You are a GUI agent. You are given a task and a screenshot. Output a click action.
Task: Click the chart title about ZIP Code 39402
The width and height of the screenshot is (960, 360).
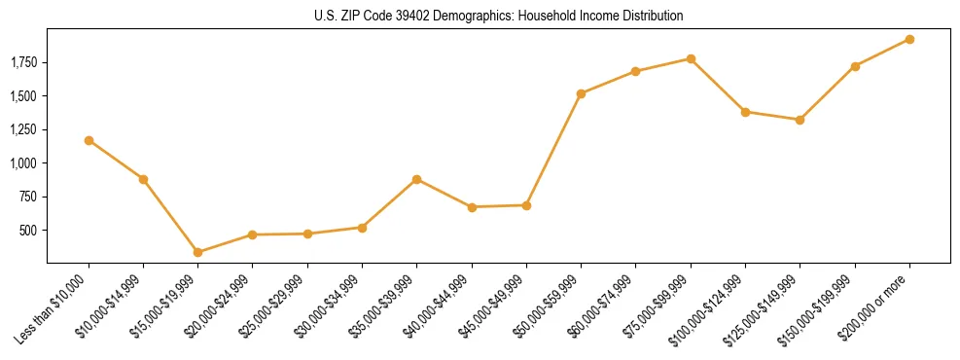click(x=498, y=17)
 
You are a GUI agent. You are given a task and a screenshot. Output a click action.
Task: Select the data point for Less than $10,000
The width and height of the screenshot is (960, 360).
click(x=89, y=140)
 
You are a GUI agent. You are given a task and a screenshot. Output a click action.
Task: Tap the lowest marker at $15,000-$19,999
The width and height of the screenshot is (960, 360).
click(x=197, y=252)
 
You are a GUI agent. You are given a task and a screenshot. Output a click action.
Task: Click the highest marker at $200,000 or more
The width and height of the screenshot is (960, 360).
click(x=909, y=39)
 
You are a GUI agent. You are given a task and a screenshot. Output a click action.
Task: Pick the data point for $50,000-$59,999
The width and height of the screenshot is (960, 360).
click(x=581, y=93)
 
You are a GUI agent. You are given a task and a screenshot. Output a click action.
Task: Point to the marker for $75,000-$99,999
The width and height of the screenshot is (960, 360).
click(x=691, y=58)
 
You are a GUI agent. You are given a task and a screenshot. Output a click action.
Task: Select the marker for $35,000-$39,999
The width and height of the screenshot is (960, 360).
click(x=416, y=179)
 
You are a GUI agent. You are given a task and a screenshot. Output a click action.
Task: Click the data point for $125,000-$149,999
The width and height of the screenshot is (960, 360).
click(x=800, y=120)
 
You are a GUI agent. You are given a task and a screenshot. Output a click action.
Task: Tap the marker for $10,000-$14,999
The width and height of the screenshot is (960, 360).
click(x=143, y=179)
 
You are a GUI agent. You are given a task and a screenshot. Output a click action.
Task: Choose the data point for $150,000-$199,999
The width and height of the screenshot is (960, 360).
click(x=855, y=66)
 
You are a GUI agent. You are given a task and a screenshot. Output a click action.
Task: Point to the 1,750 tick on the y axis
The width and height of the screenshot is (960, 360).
click(x=23, y=63)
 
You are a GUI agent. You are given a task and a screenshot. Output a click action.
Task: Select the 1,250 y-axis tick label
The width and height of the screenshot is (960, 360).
click(x=23, y=129)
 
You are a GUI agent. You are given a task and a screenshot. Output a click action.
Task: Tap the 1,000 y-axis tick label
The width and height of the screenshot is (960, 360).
click(x=23, y=163)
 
